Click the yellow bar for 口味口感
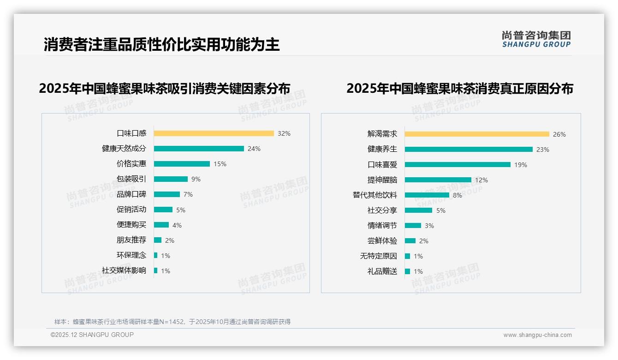[214, 133]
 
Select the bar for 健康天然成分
[199, 149]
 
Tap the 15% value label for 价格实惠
[220, 164]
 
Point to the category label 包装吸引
[131, 179]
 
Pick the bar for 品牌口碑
[167, 194]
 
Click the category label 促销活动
[131, 210]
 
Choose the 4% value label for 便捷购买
[177, 225]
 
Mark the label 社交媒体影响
[124, 270]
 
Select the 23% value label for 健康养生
[543, 150]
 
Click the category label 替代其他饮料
[375, 195]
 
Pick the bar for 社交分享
[418, 210]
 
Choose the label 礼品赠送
[382, 271]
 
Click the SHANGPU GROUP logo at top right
[536, 39]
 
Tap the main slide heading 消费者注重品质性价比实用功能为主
[162, 45]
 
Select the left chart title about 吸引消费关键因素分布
[165, 89]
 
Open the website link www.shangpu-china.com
[537, 335]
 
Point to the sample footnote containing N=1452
[172, 322]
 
